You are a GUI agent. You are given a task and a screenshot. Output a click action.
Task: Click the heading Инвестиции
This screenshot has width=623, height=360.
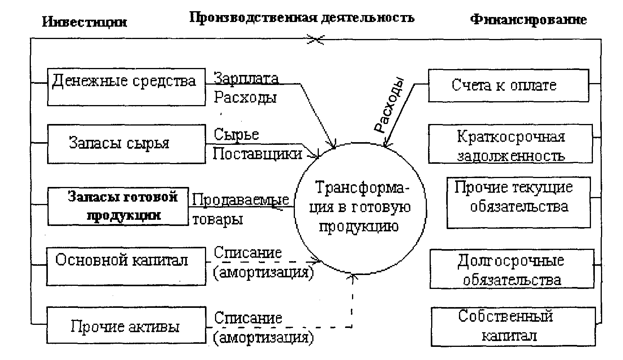click(x=84, y=22)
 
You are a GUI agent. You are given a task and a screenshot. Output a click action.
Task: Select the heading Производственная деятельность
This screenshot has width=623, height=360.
click(x=301, y=18)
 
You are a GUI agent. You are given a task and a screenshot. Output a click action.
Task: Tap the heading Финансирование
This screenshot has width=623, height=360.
click(x=528, y=19)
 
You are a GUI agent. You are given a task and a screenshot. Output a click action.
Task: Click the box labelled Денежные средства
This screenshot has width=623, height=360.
click(x=126, y=87)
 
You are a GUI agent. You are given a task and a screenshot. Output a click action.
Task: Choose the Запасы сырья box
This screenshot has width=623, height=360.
click(x=126, y=144)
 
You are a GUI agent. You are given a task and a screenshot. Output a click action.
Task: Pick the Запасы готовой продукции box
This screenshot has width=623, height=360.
click(x=118, y=206)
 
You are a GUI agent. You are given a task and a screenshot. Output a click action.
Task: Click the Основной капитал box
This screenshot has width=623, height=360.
click(x=126, y=267)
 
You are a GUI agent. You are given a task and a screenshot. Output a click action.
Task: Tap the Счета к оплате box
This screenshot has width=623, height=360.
click(x=508, y=85)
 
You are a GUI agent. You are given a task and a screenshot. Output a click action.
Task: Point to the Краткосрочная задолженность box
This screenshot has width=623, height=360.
click(x=510, y=144)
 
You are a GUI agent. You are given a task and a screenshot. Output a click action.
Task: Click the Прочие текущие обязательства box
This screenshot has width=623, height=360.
click(x=518, y=202)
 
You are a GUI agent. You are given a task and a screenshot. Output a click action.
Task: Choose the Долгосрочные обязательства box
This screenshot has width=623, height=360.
click(x=512, y=269)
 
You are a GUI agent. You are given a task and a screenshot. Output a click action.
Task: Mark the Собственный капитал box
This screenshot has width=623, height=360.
click(x=513, y=326)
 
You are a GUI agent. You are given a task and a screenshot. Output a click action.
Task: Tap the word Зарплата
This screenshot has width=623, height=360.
click(x=246, y=78)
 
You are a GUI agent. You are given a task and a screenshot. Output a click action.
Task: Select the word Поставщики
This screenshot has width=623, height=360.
click(x=257, y=154)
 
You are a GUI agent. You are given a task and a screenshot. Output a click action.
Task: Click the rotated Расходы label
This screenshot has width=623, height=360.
click(x=389, y=105)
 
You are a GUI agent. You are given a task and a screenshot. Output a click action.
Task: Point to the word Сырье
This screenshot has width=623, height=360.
click(x=236, y=134)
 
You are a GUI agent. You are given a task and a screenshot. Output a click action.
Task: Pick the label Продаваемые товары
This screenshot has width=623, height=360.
click(x=240, y=209)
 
